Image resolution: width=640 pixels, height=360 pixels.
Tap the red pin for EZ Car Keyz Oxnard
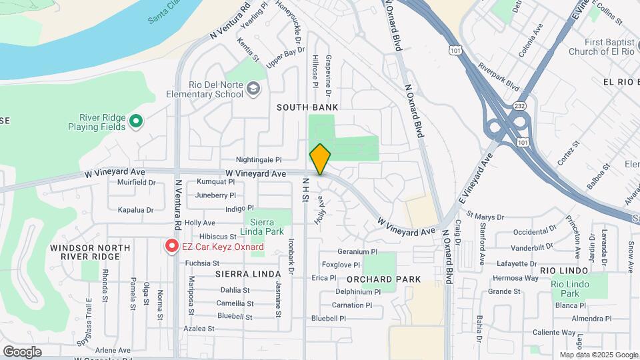coord(171,247)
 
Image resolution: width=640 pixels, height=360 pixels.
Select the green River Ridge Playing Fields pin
coord(136,121)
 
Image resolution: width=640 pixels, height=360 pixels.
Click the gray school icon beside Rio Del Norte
coord(253,89)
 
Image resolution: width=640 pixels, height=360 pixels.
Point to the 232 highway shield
coord(519,106)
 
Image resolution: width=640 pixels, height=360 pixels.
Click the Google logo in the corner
coord(22,351)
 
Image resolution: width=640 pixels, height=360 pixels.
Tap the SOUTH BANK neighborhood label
coord(307,107)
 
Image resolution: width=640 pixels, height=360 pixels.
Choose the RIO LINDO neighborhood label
coord(564,271)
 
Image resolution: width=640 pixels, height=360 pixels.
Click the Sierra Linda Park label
coord(266,227)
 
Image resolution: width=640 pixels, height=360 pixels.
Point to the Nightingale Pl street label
coord(259,160)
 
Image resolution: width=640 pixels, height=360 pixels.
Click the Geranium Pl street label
coord(357,252)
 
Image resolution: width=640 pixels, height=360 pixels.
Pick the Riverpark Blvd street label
coord(498,77)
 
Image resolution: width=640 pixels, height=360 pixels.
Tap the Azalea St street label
coord(199,329)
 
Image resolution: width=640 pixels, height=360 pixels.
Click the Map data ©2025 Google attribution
coord(599,355)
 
